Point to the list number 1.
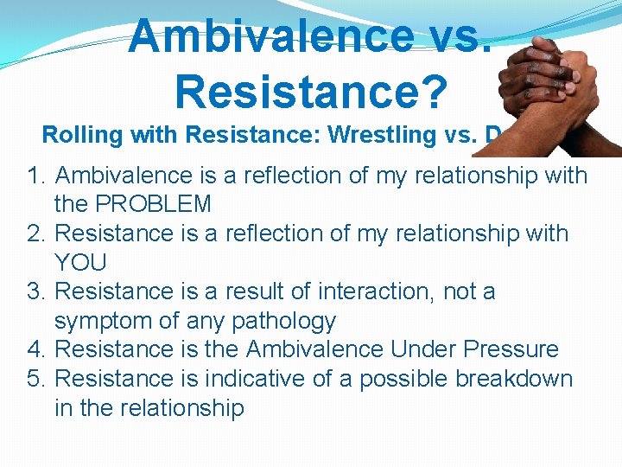[35, 176]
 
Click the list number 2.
[35, 233]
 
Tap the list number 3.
[35, 291]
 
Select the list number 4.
[35, 349]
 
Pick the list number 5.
[35, 379]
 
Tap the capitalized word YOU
[79, 263]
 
